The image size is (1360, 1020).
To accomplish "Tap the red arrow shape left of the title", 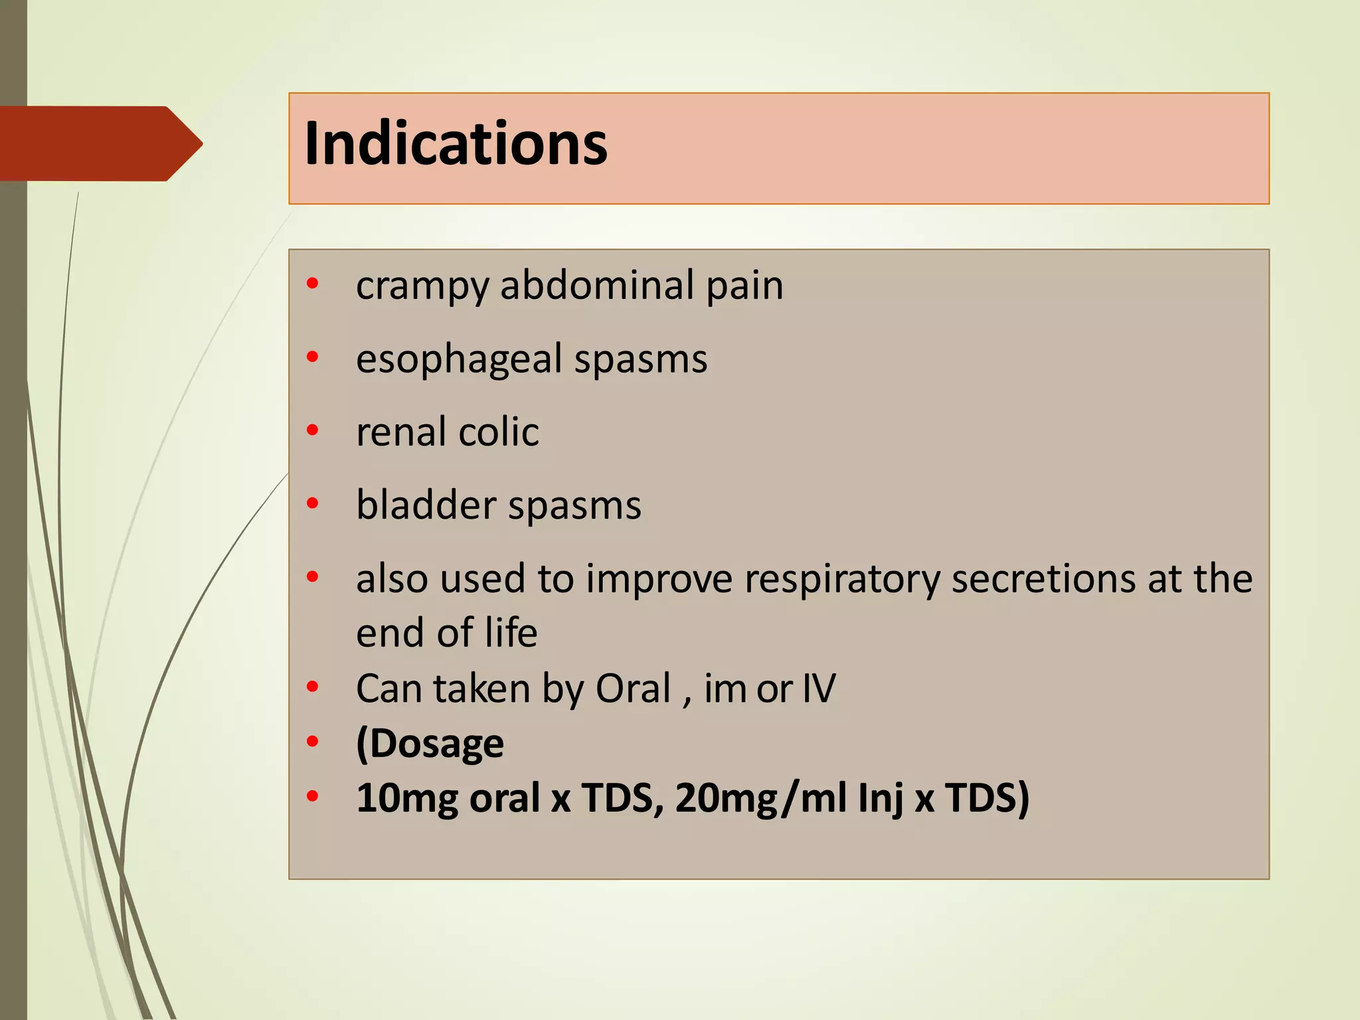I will point(100,143).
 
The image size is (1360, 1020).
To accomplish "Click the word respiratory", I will point(842,580).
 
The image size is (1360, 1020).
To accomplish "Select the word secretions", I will point(1044,578).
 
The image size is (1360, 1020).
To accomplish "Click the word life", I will point(511,632).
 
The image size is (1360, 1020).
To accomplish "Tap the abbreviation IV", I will point(819,688).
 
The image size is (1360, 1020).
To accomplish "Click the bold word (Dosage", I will point(430,744).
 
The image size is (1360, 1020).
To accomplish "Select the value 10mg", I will point(407,798).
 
